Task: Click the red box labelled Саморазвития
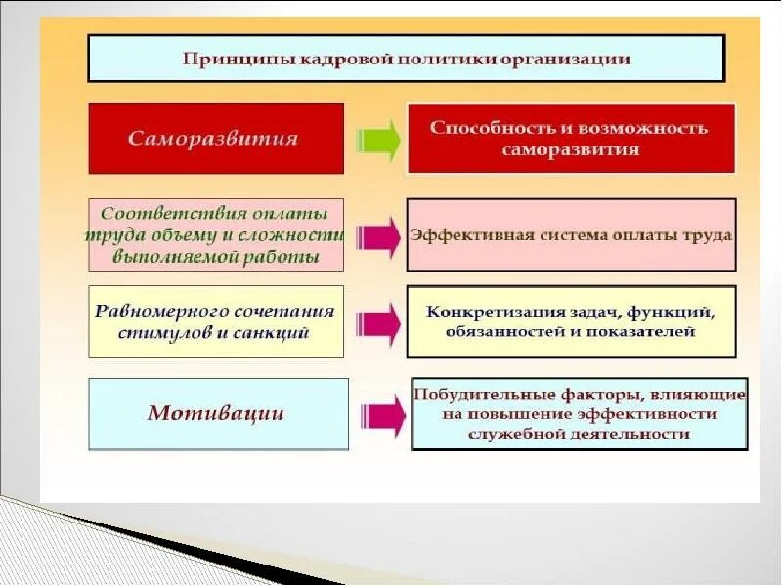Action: tap(216, 138)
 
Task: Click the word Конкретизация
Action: tap(487, 313)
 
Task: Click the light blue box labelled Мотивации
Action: tap(217, 413)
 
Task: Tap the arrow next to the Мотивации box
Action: tap(383, 415)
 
